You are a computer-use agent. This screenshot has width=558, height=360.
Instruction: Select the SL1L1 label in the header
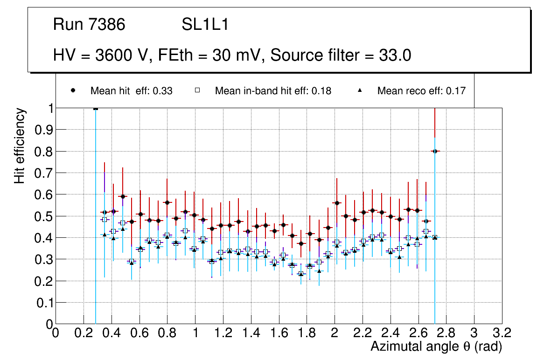click(x=205, y=25)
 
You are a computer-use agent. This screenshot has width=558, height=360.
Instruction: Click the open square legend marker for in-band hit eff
click(x=198, y=91)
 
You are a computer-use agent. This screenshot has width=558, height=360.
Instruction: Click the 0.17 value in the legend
click(x=456, y=91)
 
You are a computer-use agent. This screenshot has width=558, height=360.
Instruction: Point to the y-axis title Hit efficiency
click(x=20, y=145)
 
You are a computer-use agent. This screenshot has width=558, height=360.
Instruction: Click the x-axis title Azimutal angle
click(x=436, y=346)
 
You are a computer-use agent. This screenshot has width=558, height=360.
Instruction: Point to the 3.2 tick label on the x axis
click(x=502, y=333)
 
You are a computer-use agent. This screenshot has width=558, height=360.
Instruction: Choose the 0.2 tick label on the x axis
click(x=84, y=333)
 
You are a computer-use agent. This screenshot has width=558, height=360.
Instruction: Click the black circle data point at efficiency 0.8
click(x=435, y=151)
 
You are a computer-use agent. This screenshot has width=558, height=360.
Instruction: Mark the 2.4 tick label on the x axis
click(x=391, y=333)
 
